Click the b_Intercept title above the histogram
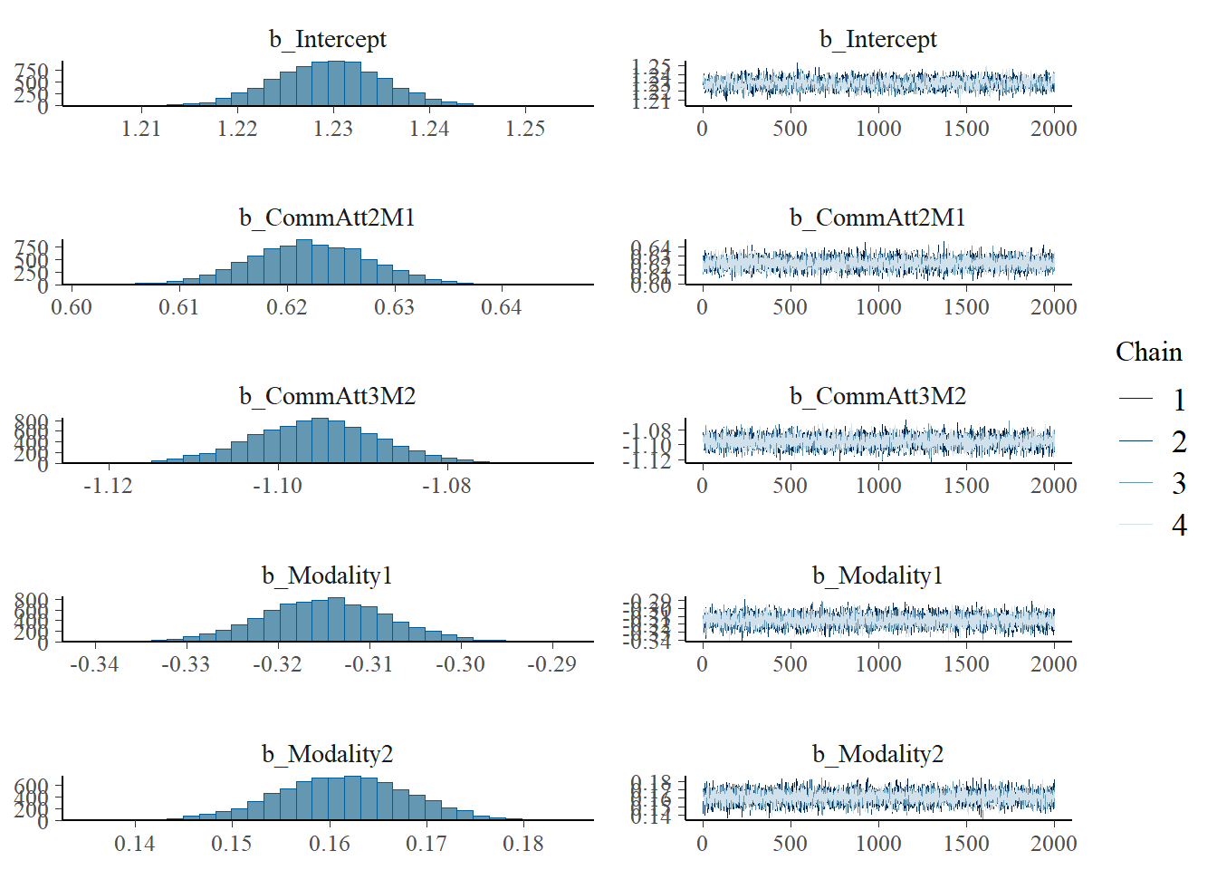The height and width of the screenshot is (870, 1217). point(327,39)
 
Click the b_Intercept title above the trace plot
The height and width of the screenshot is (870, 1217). point(877,39)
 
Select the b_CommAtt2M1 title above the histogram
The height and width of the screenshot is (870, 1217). point(327,217)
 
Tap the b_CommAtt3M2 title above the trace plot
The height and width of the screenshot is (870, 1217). point(877,396)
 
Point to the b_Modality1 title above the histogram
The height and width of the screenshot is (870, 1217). point(327,575)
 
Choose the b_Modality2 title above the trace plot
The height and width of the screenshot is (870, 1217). point(877,754)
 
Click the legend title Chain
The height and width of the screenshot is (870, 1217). point(1148,352)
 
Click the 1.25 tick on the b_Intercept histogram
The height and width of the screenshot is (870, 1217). point(525,129)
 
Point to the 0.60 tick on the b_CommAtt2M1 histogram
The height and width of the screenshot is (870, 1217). point(72,307)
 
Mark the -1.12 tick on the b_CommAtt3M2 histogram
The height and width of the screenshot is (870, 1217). point(108,486)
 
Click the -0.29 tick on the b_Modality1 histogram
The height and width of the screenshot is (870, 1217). point(551,664)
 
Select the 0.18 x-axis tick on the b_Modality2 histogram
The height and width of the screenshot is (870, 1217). point(523,844)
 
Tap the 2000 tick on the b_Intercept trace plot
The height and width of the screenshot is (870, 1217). point(1053,129)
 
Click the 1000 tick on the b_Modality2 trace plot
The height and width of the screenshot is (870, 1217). point(877,844)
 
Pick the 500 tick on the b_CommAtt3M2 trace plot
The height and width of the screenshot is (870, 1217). point(790,486)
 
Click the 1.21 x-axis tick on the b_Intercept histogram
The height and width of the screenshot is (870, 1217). point(141,129)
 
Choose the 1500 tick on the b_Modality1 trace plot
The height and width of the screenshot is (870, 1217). point(966,664)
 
